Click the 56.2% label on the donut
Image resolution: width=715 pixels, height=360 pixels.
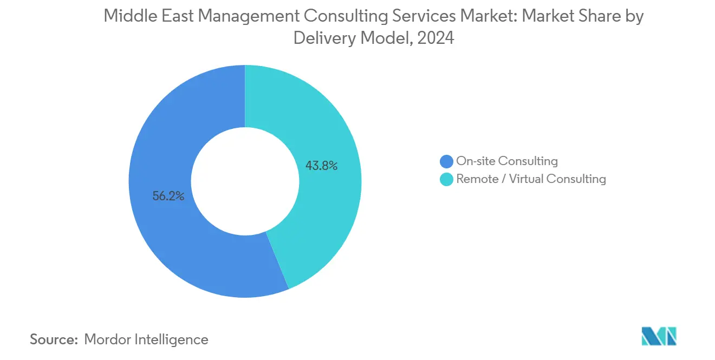[168, 197]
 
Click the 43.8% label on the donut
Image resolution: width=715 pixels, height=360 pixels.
[321, 166]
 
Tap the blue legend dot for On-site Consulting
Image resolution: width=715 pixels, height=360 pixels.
[447, 161]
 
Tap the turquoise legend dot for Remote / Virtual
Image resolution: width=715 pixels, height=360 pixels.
[447, 179]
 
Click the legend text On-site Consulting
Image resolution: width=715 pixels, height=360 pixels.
[507, 161]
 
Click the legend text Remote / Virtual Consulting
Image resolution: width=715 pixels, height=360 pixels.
[531, 179]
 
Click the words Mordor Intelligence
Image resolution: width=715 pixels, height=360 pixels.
[146, 339]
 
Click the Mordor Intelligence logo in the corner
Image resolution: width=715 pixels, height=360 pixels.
[659, 336]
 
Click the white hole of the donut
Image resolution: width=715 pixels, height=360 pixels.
[245, 181]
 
